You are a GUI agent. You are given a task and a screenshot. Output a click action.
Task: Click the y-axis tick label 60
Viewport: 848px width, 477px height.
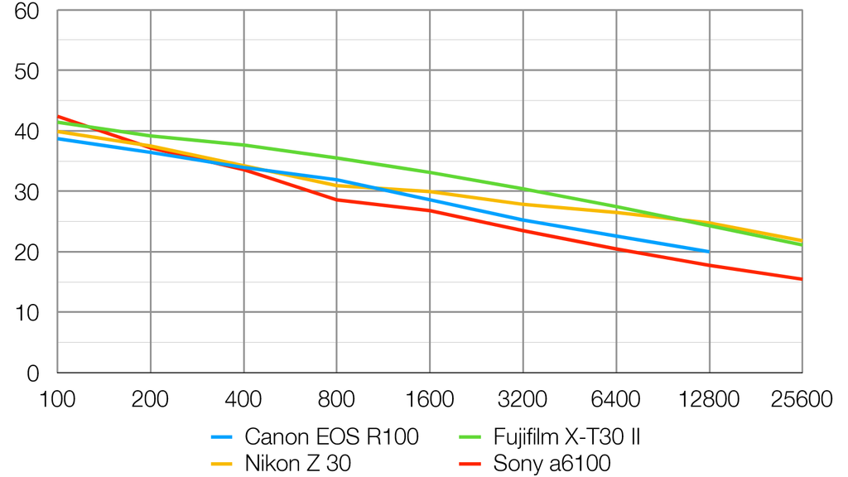coord(29,11)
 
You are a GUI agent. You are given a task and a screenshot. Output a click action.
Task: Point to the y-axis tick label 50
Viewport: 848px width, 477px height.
coord(29,71)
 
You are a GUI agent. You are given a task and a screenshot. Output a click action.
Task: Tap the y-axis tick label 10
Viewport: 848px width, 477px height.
coord(29,313)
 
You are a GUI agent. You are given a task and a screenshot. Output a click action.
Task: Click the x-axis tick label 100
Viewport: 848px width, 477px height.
coord(57,400)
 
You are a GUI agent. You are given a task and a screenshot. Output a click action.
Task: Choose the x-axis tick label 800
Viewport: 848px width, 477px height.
coord(336,400)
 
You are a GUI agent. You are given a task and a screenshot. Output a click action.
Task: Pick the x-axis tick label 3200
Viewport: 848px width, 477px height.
coord(523,400)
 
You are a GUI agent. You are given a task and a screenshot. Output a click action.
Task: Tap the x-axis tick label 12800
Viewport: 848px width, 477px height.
coord(709,400)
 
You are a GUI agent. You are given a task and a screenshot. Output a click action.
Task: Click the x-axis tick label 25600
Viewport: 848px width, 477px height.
coord(801,400)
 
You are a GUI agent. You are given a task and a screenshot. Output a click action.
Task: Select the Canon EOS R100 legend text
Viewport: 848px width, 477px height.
coord(331,436)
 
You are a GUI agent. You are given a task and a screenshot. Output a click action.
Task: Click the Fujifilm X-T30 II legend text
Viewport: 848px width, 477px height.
coord(566,436)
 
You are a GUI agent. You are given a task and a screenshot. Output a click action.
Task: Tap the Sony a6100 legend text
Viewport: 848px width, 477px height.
coord(541,464)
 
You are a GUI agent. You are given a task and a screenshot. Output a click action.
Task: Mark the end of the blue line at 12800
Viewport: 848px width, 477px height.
coord(709,251)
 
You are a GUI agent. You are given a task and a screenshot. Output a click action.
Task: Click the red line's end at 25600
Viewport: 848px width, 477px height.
coord(801,279)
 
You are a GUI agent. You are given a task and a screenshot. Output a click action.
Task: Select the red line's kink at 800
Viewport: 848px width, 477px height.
coord(336,200)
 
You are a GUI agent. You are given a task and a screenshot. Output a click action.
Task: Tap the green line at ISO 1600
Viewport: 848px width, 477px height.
coord(430,172)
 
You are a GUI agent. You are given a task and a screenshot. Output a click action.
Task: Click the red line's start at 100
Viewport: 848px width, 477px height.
coord(58,116)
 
